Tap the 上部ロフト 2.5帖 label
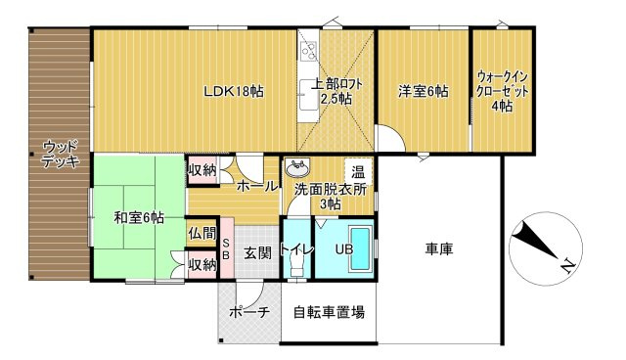(x=337, y=92)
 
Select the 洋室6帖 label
(x=423, y=92)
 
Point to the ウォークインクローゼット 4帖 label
(x=502, y=92)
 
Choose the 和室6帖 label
(x=138, y=217)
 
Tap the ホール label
(x=255, y=186)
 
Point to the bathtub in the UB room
(x=358, y=248)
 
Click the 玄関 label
(x=257, y=253)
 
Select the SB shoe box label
(x=225, y=248)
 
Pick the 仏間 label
(x=201, y=235)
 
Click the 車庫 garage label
(x=439, y=249)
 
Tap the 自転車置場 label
(x=330, y=314)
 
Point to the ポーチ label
(x=248, y=313)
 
